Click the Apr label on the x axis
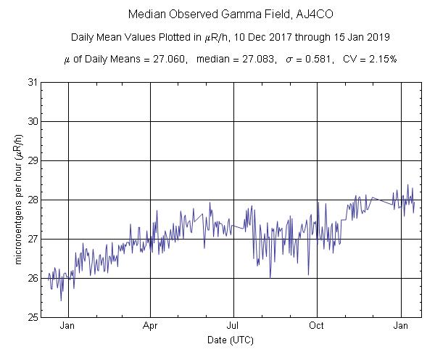(151, 327)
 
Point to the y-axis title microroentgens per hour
(18, 200)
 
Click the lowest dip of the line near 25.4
(61, 300)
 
